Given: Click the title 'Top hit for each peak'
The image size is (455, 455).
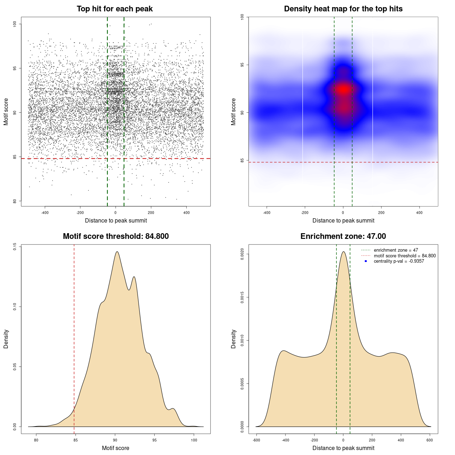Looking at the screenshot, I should point(115,9).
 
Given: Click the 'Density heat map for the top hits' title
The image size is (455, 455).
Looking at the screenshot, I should point(343,9).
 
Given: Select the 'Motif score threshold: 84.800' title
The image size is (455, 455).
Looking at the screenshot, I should point(116,236).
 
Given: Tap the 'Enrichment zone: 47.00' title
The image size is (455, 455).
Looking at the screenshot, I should point(343,236).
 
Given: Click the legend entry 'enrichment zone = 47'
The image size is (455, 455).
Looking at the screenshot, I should point(396,250).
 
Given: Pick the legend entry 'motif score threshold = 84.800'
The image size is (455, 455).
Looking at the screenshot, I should point(405,256).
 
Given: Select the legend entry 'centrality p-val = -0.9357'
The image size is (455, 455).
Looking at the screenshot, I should point(399,261).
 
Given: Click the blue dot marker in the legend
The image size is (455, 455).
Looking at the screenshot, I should point(366,261).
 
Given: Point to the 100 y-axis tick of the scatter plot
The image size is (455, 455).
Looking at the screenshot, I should point(15,24).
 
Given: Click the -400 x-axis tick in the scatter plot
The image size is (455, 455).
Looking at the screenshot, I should point(45,213).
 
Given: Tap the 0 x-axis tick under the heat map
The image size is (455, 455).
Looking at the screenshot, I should point(343,213).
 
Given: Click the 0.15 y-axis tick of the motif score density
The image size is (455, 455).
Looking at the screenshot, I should point(15,247).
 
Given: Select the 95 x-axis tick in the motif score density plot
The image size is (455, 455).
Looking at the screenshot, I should point(154,440).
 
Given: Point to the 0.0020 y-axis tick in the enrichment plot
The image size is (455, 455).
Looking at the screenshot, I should point(242,254).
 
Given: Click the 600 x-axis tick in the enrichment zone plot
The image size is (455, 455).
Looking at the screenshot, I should point(430,440).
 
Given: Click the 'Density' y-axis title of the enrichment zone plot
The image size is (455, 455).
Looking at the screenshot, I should point(234,339).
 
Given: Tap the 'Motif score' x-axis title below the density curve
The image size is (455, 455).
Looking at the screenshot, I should point(116,448).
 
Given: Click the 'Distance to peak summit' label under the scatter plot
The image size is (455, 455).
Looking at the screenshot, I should point(116,220).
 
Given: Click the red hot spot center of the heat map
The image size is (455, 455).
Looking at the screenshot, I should point(343,90).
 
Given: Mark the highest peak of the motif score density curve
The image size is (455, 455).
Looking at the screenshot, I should point(117,252).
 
